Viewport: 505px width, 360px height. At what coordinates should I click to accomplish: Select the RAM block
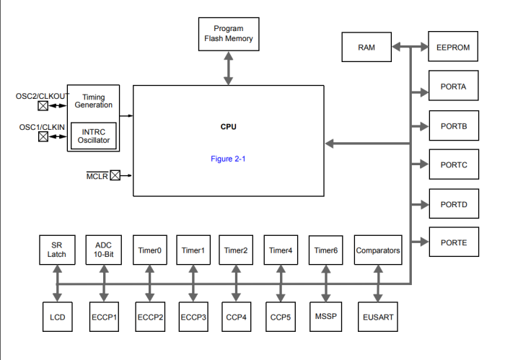pyautogui.click(x=366, y=48)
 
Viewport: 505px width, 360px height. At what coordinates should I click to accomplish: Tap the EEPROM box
pyautogui.click(x=453, y=48)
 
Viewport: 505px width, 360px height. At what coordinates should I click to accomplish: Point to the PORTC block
pyautogui.click(x=453, y=165)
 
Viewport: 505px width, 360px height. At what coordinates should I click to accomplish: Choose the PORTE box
pyautogui.click(x=453, y=243)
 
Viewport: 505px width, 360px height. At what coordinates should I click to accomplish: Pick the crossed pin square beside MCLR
pyautogui.click(x=115, y=175)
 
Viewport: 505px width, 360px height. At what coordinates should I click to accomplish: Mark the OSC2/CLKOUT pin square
pyautogui.click(x=43, y=105)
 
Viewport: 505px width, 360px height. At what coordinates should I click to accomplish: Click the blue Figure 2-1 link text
pyautogui.click(x=228, y=159)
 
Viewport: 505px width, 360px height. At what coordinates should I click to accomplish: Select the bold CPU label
pyautogui.click(x=228, y=127)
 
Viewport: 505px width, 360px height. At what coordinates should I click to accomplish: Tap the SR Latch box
pyautogui.click(x=57, y=250)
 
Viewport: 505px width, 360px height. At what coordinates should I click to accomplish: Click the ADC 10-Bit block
pyautogui.click(x=103, y=250)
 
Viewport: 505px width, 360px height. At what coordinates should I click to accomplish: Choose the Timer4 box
pyautogui.click(x=281, y=250)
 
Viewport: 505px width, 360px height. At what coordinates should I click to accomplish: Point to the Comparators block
pyautogui.click(x=377, y=250)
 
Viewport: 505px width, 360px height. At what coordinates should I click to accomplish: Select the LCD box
pyautogui.click(x=57, y=317)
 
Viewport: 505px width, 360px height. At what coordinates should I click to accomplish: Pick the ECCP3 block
pyautogui.click(x=193, y=317)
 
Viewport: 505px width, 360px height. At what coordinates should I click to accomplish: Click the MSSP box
pyautogui.click(x=326, y=317)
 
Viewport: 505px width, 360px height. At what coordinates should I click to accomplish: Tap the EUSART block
pyautogui.click(x=377, y=317)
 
